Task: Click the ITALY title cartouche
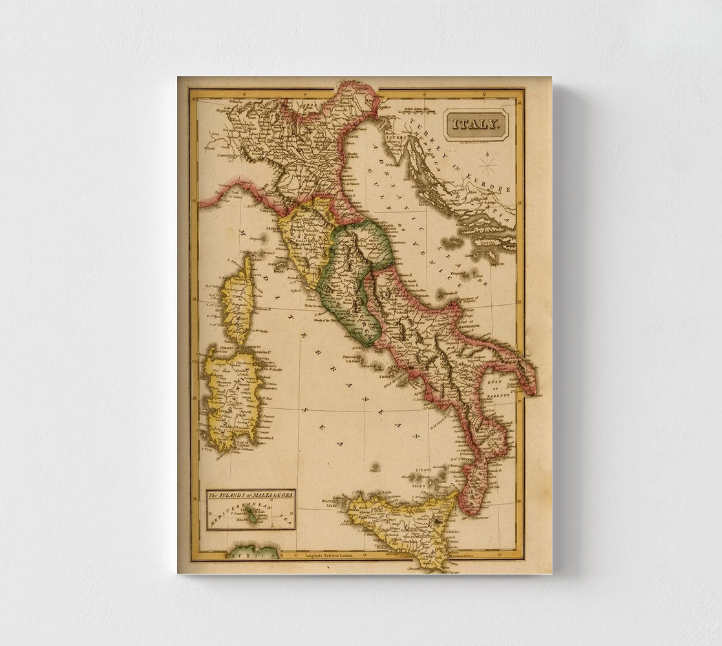click(x=476, y=124)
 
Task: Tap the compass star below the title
click(x=489, y=166)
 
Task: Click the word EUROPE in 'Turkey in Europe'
click(x=495, y=187)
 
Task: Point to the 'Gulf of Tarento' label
click(x=496, y=387)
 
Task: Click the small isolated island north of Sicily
click(x=375, y=465)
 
